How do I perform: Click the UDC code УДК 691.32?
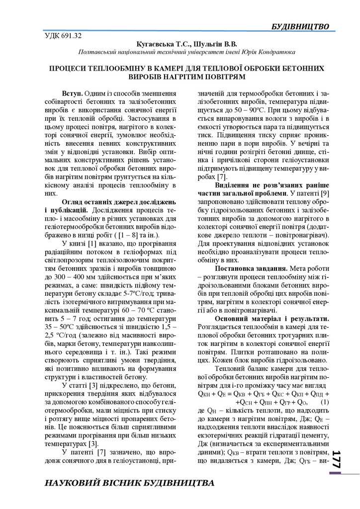63,36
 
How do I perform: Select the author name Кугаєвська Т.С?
157,44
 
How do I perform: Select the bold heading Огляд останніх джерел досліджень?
119,202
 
